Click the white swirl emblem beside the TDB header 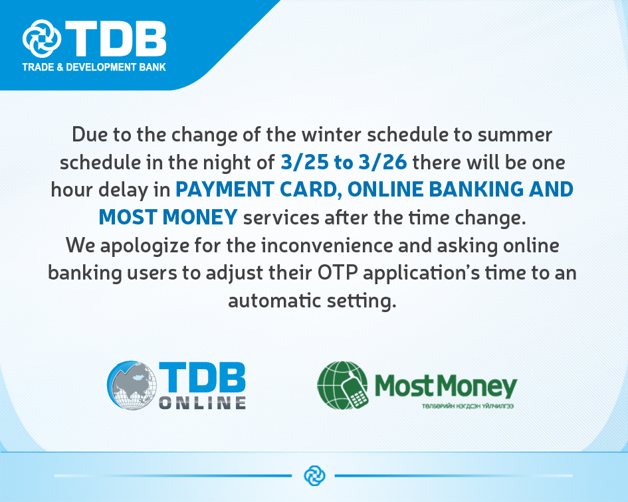[42, 39]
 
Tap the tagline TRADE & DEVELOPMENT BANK [94, 67]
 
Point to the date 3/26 [383, 162]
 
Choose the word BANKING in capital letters [476, 190]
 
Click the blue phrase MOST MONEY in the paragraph [168, 217]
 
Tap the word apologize [145, 246]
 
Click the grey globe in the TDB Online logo [132, 385]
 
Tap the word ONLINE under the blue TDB [203, 402]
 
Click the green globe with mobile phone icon [342, 385]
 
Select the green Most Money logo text [446, 386]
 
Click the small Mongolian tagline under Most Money [467, 406]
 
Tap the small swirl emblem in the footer [314, 475]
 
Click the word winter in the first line [331, 135]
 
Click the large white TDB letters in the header [116, 39]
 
